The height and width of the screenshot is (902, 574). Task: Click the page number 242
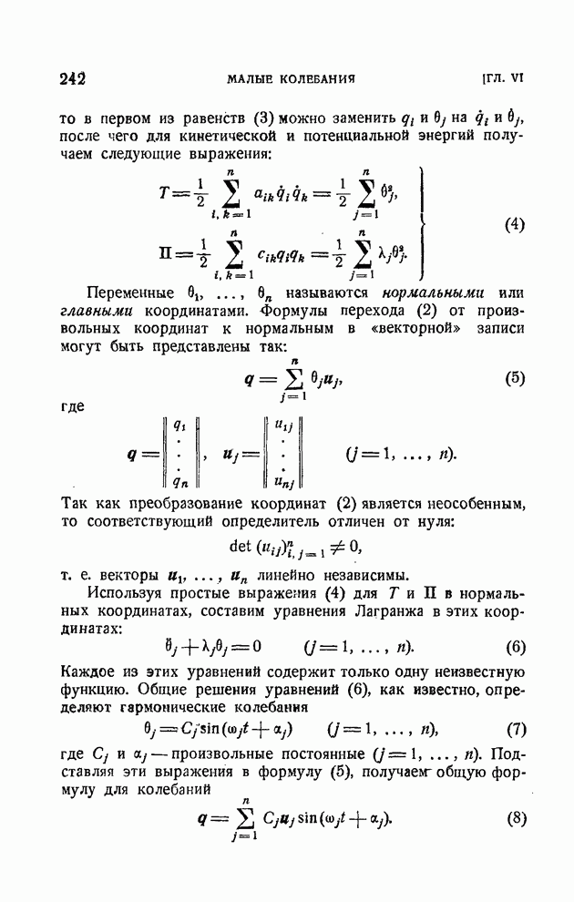71,78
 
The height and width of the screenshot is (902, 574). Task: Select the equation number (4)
513,224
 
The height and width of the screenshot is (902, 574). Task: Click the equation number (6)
513,647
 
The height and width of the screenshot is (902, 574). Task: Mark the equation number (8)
513,817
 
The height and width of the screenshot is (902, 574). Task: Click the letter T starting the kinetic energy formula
163,194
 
